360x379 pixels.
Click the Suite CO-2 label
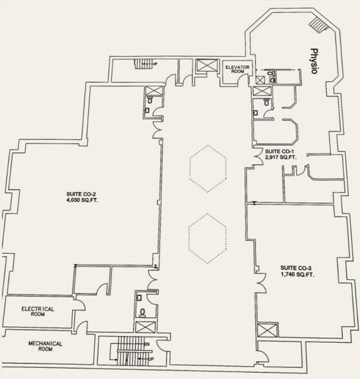[x=82, y=195]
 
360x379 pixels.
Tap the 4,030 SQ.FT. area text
[x=82, y=200]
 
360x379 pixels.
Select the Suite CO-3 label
[x=296, y=268]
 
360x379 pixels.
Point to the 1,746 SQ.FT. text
[x=298, y=275]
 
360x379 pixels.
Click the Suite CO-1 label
[x=279, y=151]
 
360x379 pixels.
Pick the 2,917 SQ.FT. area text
[x=281, y=157]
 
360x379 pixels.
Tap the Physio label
[x=314, y=61]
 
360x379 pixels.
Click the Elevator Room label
[x=238, y=69]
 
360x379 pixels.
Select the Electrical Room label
[x=38, y=311]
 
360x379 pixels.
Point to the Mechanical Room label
[x=45, y=346]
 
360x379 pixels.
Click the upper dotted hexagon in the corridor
[x=208, y=169]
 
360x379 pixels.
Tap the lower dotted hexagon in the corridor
[x=207, y=238]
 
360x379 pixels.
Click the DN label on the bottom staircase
[x=147, y=344]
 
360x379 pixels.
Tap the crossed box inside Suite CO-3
[x=267, y=330]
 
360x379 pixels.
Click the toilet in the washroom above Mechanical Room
[x=143, y=313]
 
